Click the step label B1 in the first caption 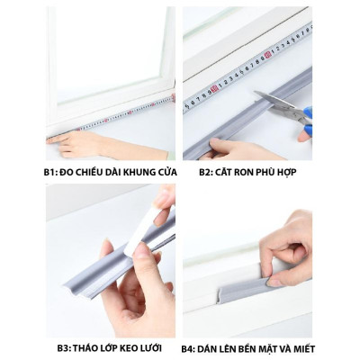[53, 171]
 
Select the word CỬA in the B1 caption [159, 171]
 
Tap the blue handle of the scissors [305, 114]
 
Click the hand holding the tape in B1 [81, 142]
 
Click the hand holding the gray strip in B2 [229, 148]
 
